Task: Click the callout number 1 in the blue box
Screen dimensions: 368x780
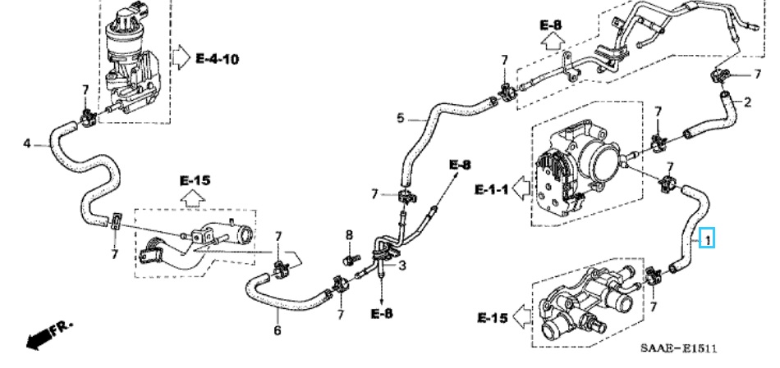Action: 706,240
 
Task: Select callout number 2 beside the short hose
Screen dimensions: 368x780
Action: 747,102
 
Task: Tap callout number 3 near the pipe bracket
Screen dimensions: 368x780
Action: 402,266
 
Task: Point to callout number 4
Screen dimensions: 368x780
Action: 26,143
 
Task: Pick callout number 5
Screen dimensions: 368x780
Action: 401,118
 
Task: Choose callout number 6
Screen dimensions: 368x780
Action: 277,330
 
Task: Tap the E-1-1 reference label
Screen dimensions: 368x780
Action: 492,189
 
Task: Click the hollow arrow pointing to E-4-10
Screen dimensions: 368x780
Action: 180,59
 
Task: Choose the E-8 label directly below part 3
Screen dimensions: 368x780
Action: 382,314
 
